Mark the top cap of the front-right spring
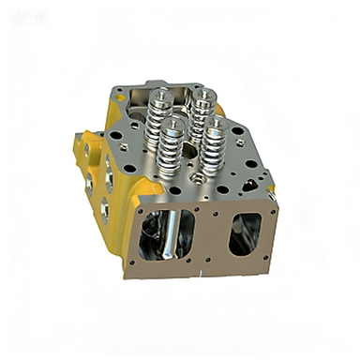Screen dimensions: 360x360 coord(215,121)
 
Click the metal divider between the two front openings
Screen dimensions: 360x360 coord(211,234)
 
